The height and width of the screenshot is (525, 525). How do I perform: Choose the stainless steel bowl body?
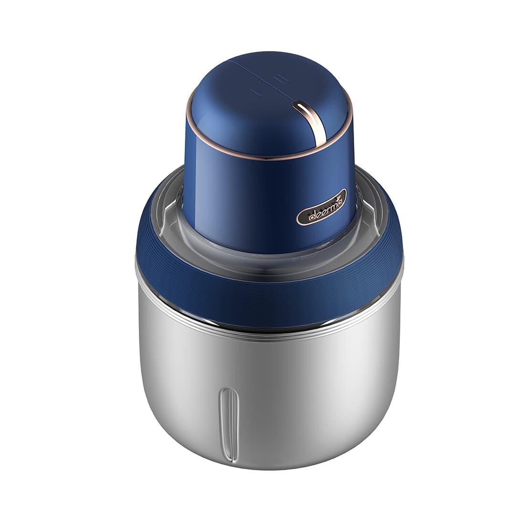tap(310, 391)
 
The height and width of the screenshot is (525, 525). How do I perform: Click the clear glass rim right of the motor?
tap(370, 210)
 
